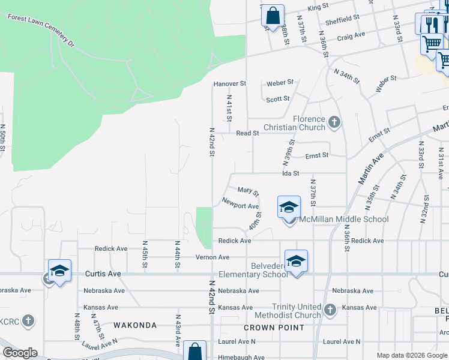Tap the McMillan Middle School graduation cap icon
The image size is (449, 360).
[x=289, y=207]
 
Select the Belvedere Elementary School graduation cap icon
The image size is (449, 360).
[x=296, y=260]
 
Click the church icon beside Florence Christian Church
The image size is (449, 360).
[x=335, y=123]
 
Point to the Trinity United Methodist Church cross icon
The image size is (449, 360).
[x=330, y=310]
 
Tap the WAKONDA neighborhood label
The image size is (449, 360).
[x=135, y=326]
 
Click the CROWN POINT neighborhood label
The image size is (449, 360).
[x=274, y=328]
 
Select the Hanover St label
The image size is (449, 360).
[x=230, y=84]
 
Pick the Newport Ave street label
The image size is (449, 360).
[x=240, y=205]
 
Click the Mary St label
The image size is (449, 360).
[x=248, y=191]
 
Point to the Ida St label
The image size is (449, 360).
[x=291, y=173]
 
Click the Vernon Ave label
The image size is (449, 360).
[x=212, y=257]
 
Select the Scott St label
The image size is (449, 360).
[x=278, y=99]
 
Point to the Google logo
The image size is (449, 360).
[x=20, y=353]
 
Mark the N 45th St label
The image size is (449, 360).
[x=145, y=255]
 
